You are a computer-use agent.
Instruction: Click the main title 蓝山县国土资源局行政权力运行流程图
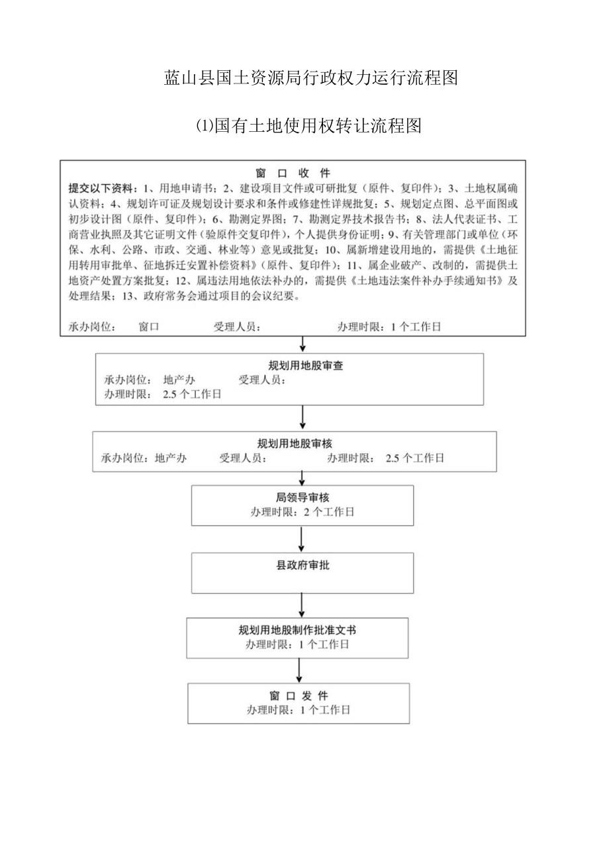pyautogui.click(x=310, y=78)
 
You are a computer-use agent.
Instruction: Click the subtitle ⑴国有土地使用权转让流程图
pyautogui.click(x=309, y=126)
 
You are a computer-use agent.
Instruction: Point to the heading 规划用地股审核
pyautogui.click(x=294, y=444)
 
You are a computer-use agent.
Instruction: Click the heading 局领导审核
pyautogui.click(x=301, y=498)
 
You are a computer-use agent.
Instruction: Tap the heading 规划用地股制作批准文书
pyautogui.click(x=297, y=630)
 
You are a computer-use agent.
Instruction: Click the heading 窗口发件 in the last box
pyautogui.click(x=299, y=696)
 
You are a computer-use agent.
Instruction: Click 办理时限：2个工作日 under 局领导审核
pyautogui.click(x=302, y=512)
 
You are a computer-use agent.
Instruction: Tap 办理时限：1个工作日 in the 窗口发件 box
pyautogui.click(x=298, y=710)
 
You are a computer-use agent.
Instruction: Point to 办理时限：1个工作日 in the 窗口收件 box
pyautogui.click(x=389, y=327)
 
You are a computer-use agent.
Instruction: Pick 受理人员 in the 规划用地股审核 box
pyautogui.click(x=243, y=458)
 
